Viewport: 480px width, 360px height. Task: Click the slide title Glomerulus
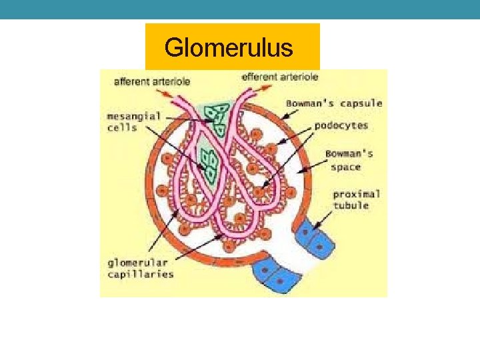coord(228,47)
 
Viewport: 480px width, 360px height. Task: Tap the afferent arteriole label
coord(153,81)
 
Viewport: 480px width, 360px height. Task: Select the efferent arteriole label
coord(280,77)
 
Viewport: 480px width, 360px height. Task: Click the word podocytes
coord(340,125)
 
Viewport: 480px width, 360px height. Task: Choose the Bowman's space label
coord(349,160)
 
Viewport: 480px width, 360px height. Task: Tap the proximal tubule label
coord(357,199)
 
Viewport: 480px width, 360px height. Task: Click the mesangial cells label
coord(134,121)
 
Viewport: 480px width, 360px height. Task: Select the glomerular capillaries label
coord(141,268)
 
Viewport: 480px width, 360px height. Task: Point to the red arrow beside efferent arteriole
coord(267,86)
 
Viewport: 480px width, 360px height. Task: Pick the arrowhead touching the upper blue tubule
coord(311,230)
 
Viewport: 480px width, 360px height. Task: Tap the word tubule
coord(351,205)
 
